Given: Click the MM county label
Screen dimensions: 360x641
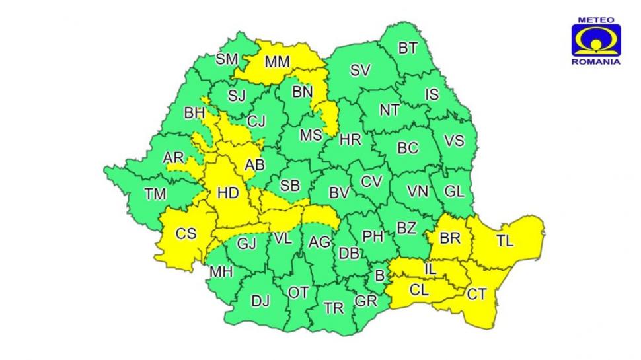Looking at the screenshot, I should pyautogui.click(x=278, y=63).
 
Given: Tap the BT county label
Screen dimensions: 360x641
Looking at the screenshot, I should pyautogui.click(x=408, y=48).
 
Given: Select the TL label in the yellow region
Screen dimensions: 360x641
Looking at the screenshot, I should pyautogui.click(x=504, y=241).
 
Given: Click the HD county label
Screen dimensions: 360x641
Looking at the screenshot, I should pyautogui.click(x=227, y=193).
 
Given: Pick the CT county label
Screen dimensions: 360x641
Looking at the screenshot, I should pyautogui.click(x=477, y=294).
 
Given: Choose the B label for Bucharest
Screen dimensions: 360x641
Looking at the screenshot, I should pyautogui.click(x=379, y=274).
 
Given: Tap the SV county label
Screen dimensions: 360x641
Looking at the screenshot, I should pyautogui.click(x=360, y=71).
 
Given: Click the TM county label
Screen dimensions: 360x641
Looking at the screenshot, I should pyautogui.click(x=156, y=194).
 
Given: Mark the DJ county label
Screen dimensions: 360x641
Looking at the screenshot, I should pyautogui.click(x=260, y=301).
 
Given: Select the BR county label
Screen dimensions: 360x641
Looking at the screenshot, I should pyautogui.click(x=449, y=238).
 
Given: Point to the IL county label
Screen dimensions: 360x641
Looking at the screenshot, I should pyautogui.click(x=430, y=269).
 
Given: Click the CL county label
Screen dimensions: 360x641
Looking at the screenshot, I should pyautogui.click(x=419, y=289).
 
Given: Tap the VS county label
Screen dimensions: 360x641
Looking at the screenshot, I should pyautogui.click(x=454, y=141).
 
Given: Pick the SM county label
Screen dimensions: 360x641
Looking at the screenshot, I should pyautogui.click(x=227, y=59).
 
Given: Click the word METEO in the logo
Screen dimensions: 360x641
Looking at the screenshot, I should pyautogui.click(x=595, y=20).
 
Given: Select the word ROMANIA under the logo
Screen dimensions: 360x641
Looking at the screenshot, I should pyautogui.click(x=595, y=61).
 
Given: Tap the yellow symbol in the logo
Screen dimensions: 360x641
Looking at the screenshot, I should pyautogui.click(x=595, y=42).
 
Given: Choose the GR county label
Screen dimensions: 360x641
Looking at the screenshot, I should pyautogui.click(x=365, y=301).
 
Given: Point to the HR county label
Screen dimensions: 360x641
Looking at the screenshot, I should pyautogui.click(x=350, y=139).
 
